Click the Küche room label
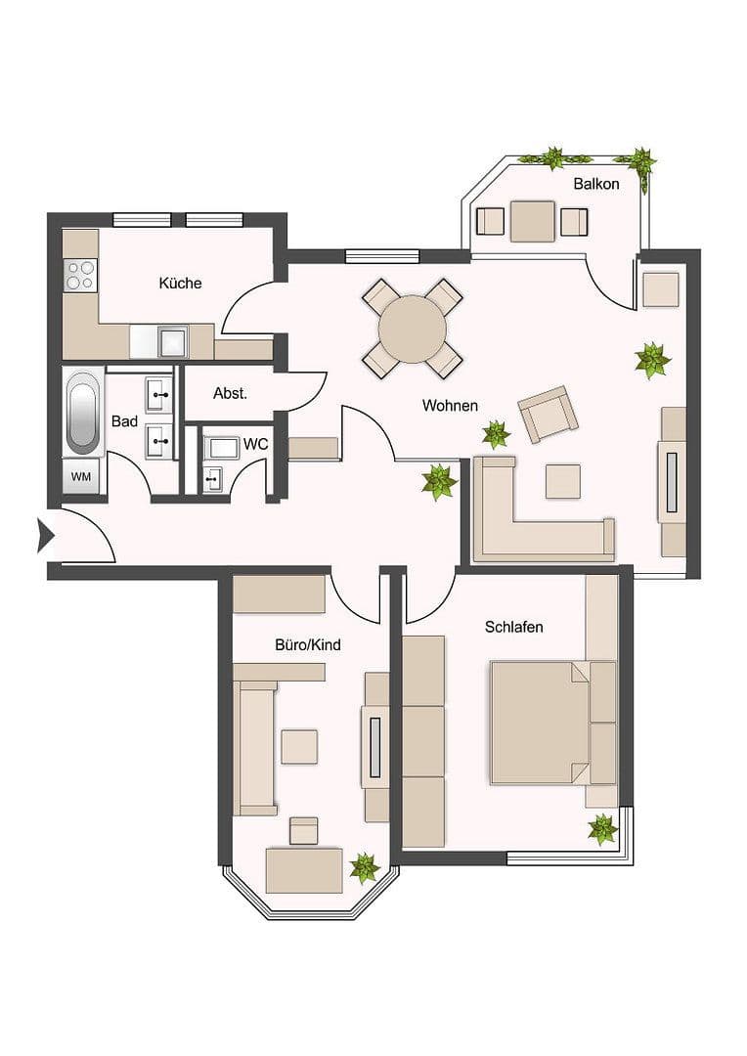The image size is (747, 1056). (x=180, y=284)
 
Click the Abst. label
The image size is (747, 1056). (x=230, y=394)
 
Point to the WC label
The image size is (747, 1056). (x=255, y=444)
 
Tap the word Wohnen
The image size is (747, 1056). (x=450, y=405)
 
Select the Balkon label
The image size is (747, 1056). (x=595, y=184)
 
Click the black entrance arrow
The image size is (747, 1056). (x=44, y=535)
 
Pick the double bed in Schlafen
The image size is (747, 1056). (x=541, y=723)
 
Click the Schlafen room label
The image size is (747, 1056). (x=513, y=627)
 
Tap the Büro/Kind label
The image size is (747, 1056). (x=307, y=645)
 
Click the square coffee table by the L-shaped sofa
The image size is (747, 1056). (x=562, y=481)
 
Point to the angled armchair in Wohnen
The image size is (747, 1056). (x=548, y=414)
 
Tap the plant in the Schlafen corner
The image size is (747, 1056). (x=602, y=830)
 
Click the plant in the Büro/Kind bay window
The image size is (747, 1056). (x=365, y=867)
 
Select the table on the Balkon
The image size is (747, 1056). (x=533, y=221)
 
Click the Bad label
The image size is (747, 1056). (x=124, y=421)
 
